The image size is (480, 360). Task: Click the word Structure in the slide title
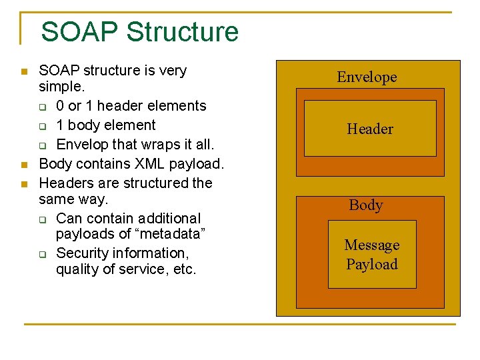(182, 32)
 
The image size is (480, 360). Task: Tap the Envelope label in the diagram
(367, 77)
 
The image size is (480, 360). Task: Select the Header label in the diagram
(370, 129)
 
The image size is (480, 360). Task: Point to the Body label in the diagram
(366, 205)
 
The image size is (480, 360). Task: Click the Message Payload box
(372, 255)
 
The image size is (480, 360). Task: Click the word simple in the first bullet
(61, 87)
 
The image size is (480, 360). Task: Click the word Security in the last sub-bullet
(83, 253)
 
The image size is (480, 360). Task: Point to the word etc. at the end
(183, 269)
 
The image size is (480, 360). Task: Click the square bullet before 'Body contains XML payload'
(24, 164)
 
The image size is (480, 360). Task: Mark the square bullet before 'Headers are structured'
(24, 183)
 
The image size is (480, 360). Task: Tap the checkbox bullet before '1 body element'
(42, 126)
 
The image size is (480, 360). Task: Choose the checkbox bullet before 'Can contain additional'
(42, 219)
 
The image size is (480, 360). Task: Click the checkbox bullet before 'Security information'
(42, 254)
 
